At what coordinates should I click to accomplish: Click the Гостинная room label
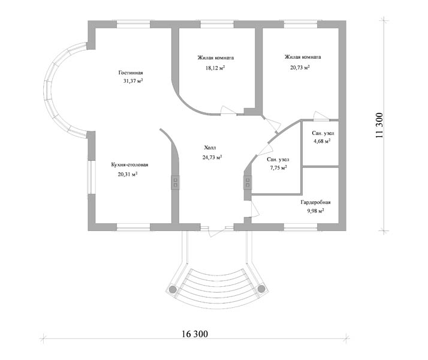click(x=131, y=73)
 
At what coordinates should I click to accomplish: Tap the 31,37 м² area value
click(x=133, y=81)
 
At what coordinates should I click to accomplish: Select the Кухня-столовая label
click(x=129, y=165)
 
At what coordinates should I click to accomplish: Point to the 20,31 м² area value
click(x=128, y=174)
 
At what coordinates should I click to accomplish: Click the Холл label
click(x=210, y=148)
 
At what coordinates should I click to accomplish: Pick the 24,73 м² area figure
click(x=212, y=157)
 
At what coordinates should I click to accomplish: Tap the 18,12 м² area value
click(x=215, y=68)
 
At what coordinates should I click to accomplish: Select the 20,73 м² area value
click(x=300, y=67)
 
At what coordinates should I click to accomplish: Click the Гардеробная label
click(x=315, y=202)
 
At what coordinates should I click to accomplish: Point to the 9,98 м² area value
click(x=315, y=211)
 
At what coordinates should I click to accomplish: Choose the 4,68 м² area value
click(x=322, y=141)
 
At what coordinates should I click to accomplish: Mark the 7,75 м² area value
click(x=278, y=168)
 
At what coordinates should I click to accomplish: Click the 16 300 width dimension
click(x=195, y=334)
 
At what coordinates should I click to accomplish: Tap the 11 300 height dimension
click(x=379, y=125)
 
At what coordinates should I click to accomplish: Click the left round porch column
click(x=173, y=289)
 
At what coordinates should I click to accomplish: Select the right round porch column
click(x=261, y=289)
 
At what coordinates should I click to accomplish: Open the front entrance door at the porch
click(x=217, y=231)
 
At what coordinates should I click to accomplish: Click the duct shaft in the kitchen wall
click(x=175, y=182)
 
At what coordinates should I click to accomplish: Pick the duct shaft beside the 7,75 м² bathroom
click(x=248, y=182)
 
